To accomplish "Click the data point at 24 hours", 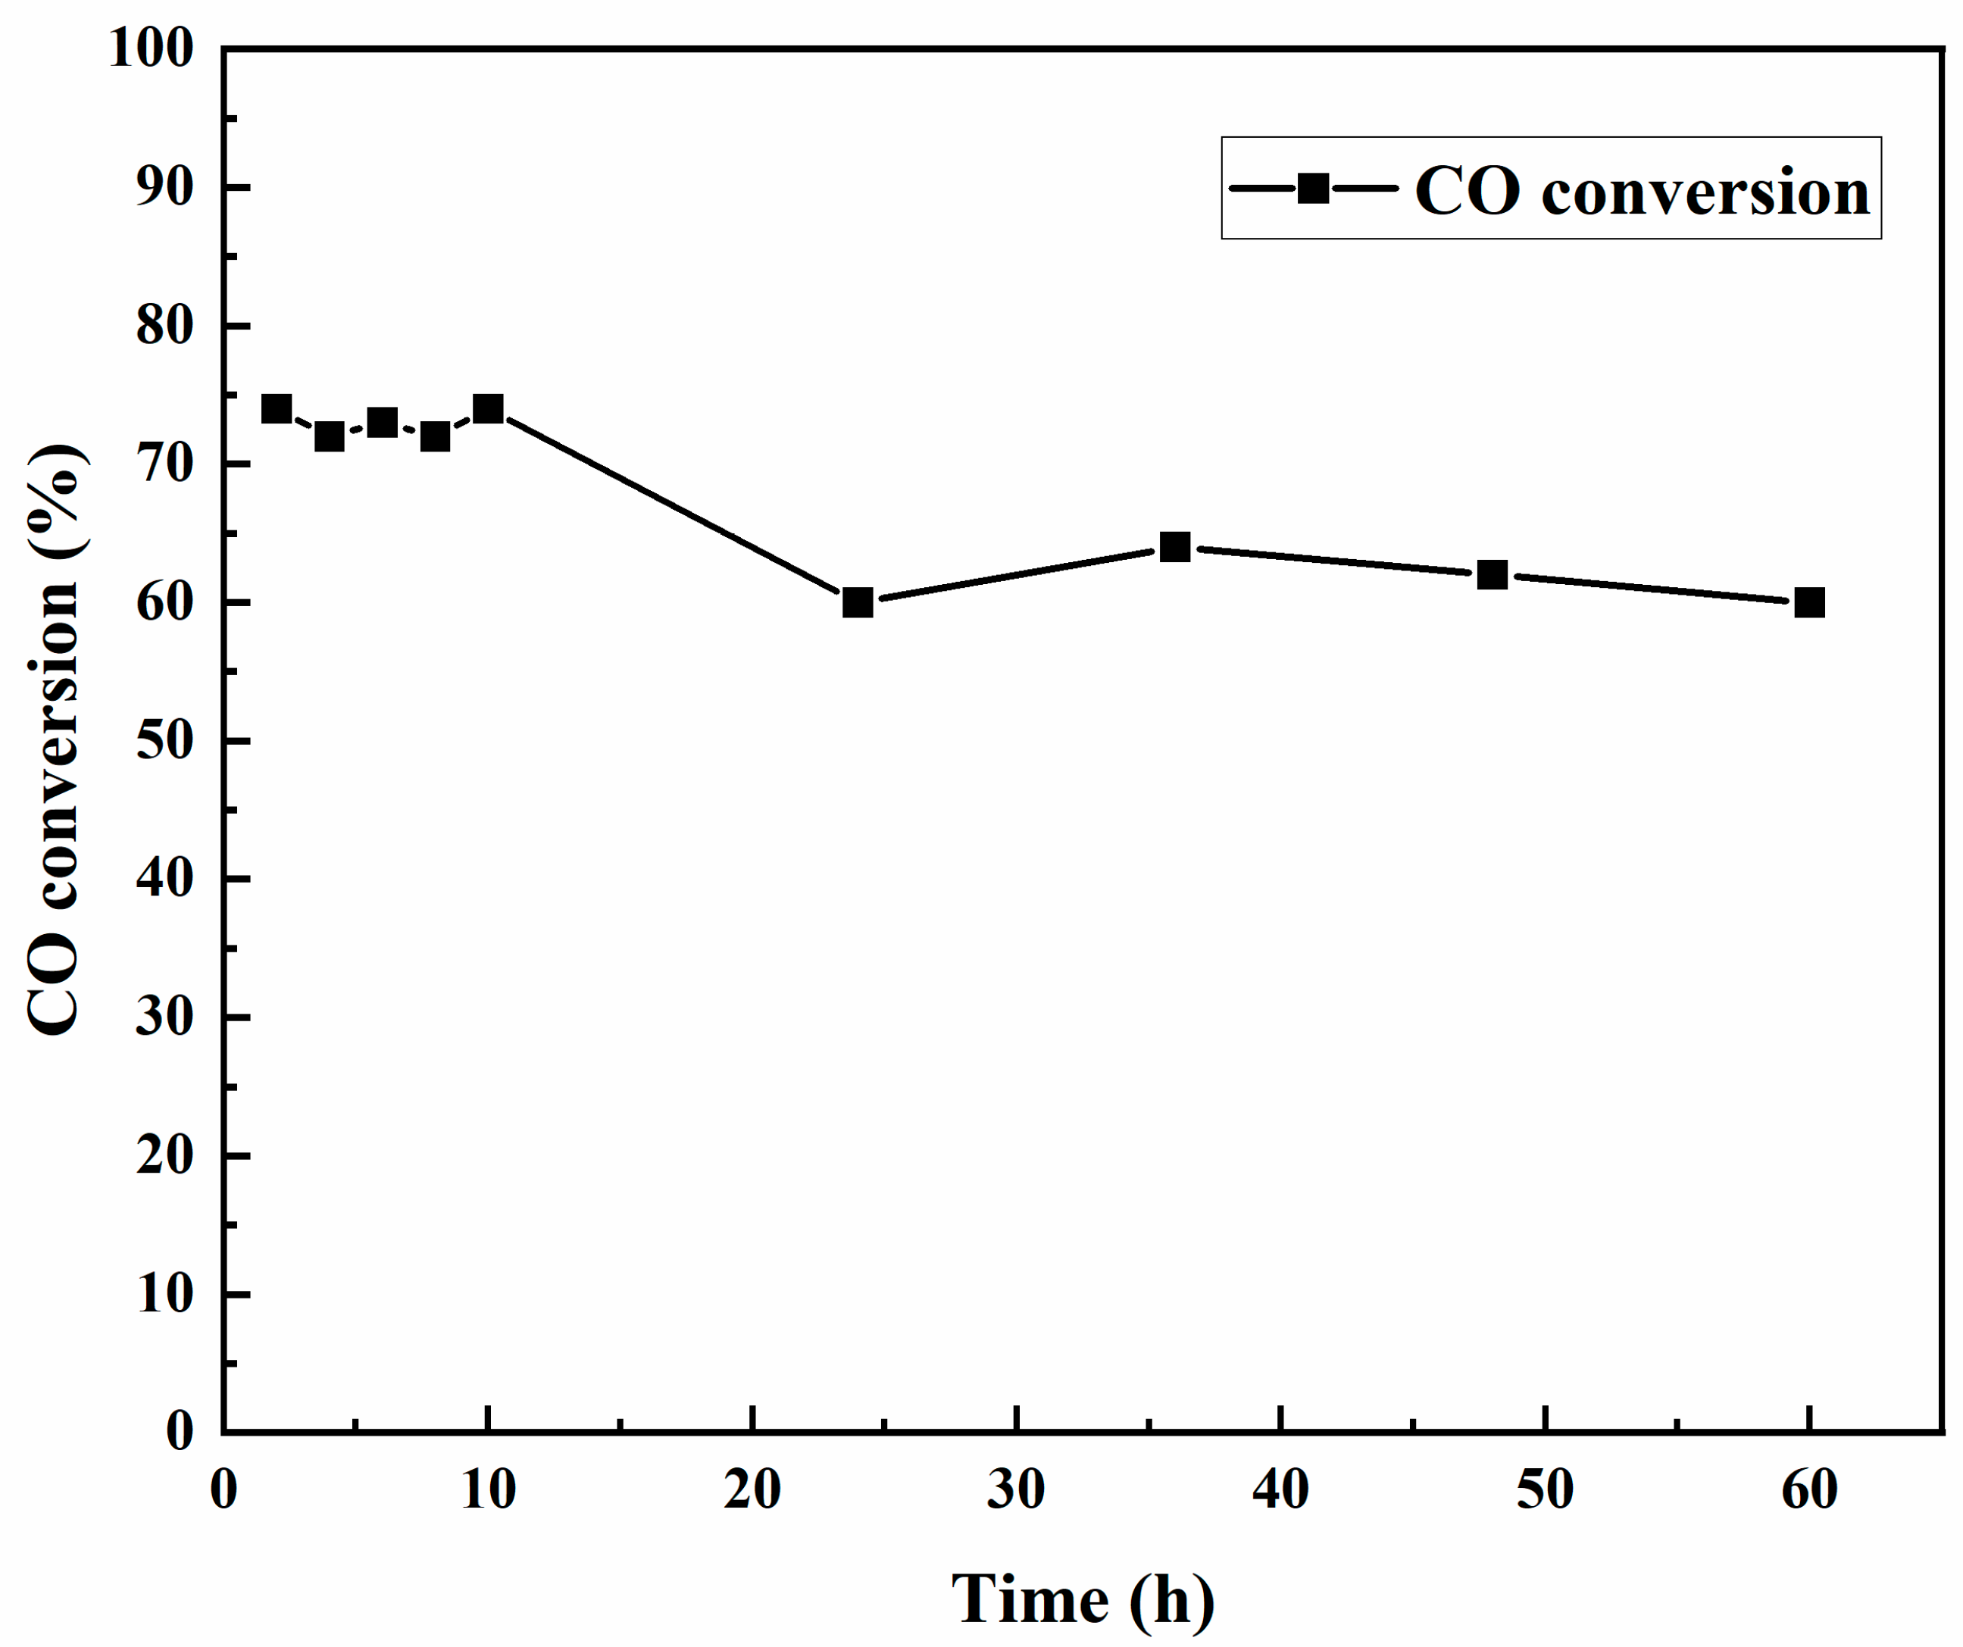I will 857,603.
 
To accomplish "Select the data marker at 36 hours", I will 1175,547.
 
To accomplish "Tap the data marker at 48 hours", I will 1493,575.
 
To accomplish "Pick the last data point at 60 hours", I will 1810,603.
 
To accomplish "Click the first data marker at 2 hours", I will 276,408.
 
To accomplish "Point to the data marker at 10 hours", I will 488,408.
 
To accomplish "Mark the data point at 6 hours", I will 381,423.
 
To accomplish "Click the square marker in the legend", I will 1314,189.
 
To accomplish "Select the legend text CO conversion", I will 1643,192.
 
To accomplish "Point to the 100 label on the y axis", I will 152,48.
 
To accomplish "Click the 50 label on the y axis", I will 164,741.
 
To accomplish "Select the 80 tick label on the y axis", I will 164,327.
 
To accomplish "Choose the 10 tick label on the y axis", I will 164,1295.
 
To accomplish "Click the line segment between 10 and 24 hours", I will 673,505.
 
